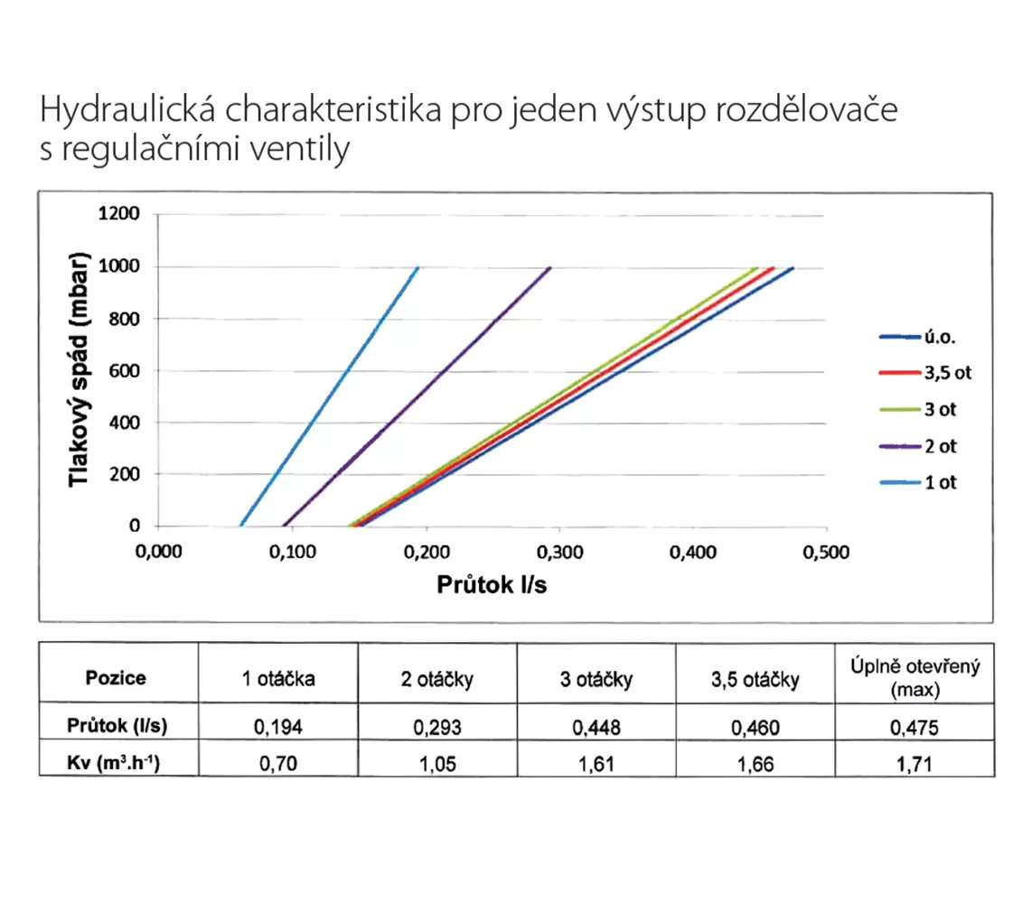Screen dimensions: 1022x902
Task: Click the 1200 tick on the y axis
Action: click(118, 214)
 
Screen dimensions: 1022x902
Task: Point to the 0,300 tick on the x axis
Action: click(560, 553)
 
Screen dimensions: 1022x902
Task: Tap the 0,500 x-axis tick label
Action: click(827, 553)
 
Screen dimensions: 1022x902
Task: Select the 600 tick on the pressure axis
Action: click(124, 370)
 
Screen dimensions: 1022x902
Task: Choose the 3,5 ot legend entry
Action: click(925, 373)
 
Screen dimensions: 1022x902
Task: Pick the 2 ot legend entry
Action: click(918, 446)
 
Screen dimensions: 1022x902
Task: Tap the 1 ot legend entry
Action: click(918, 482)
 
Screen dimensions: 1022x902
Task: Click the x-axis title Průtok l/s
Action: click(492, 585)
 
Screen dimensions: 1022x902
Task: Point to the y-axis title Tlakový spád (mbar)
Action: click(79, 369)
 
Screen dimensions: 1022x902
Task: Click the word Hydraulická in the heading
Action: click(127, 109)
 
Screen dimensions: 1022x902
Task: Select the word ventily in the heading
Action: click(300, 148)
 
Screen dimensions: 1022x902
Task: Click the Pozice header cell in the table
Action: click(116, 678)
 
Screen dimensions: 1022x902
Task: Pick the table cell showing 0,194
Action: click(278, 727)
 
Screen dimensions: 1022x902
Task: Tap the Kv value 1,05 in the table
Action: click(437, 763)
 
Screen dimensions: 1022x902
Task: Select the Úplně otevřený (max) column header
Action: click(915, 677)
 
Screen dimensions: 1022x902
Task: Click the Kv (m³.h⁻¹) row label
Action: click(114, 762)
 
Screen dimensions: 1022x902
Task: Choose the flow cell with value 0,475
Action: click(914, 727)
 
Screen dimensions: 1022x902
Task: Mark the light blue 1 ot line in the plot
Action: click(329, 396)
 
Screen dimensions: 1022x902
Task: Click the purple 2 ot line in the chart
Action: click(417, 396)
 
